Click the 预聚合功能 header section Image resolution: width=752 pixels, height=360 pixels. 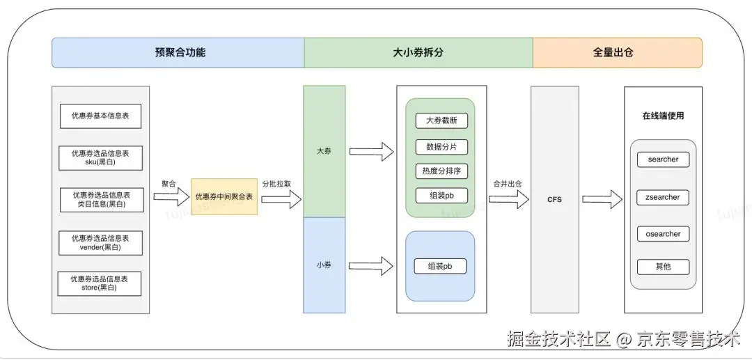click(178, 53)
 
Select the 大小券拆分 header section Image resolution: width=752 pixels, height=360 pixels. click(418, 53)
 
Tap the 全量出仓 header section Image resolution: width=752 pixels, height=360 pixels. click(617, 53)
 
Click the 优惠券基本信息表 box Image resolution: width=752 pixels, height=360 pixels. click(100, 116)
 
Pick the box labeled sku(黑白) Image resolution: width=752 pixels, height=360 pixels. click(100, 157)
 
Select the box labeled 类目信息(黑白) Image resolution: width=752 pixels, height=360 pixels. click(101, 200)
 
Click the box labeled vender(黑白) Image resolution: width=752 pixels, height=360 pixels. click(100, 242)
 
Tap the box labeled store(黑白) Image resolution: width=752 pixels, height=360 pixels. click(100, 283)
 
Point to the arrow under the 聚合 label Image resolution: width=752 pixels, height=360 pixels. click(171, 198)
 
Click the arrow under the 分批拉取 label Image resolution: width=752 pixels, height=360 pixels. click(281, 200)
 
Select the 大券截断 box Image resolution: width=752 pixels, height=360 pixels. click(441, 120)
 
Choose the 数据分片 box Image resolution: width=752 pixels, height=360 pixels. click(441, 147)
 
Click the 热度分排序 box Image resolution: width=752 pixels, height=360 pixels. click(441, 171)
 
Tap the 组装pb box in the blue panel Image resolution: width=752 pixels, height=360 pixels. click(440, 266)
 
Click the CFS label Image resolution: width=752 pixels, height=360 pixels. click(554, 200)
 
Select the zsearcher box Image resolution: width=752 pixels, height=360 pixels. click(663, 198)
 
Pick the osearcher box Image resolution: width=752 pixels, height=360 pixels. click(663, 234)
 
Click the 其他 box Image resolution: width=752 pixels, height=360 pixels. click(663, 267)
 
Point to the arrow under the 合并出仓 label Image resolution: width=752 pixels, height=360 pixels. click(508, 200)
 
